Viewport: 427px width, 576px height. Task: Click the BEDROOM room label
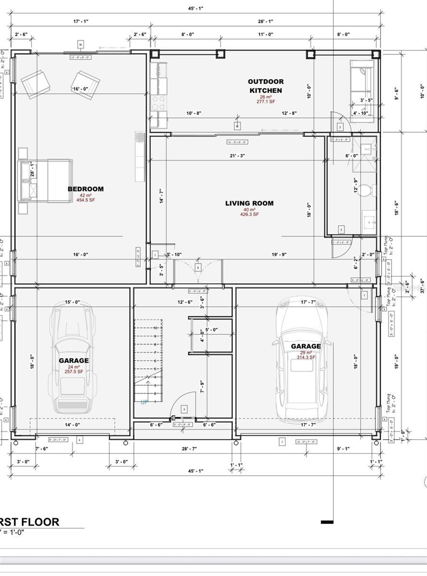[85, 189]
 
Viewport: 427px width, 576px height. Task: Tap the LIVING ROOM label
[249, 204]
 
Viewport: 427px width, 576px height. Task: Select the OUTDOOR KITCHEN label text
[266, 86]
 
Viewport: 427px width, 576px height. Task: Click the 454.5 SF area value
[85, 200]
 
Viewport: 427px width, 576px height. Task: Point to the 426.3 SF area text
[250, 215]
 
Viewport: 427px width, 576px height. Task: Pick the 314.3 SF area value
[305, 358]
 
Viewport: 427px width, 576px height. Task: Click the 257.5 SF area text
[74, 372]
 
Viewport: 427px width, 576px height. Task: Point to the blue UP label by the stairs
[144, 402]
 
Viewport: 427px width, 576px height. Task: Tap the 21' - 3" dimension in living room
[237, 156]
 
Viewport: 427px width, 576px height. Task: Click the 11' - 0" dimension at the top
[265, 34]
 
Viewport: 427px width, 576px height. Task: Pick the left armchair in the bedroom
[35, 84]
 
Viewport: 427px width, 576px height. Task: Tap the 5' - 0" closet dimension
[211, 330]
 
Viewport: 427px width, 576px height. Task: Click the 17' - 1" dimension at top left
[81, 21]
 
